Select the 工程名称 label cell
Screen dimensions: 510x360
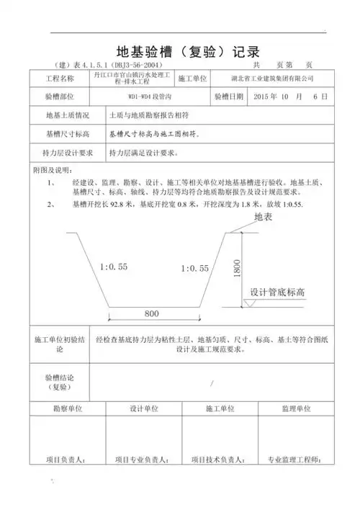59,78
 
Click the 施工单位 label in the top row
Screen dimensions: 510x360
192,78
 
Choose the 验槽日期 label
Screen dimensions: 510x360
229,96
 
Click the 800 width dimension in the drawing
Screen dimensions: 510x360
151,314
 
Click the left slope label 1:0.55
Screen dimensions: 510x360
114,267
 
